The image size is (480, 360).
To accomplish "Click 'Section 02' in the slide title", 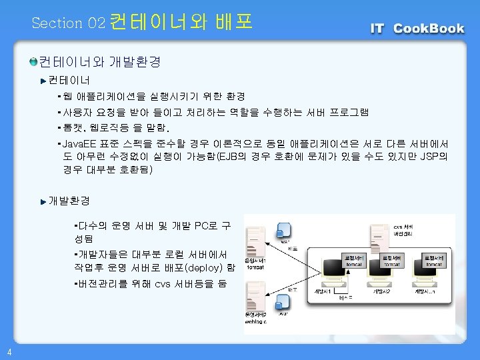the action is point(68,23).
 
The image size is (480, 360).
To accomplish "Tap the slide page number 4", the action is point(7,352).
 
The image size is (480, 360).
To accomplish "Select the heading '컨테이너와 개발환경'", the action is point(100,62).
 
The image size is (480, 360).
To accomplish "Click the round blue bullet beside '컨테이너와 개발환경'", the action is point(33,62).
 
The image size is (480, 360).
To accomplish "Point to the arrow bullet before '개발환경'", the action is point(43,201).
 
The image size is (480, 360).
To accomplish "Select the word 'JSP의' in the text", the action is point(434,157).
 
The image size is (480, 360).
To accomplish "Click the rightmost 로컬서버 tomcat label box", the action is point(434,260).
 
